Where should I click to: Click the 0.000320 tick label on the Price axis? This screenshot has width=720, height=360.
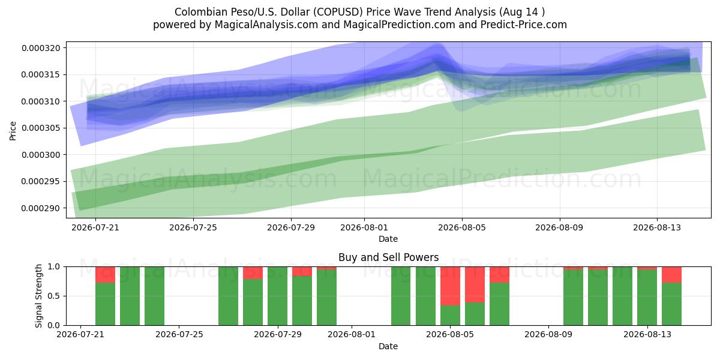coord(41,48)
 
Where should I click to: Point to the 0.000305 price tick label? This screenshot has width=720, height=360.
coord(41,128)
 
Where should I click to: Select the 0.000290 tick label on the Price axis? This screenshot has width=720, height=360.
coord(41,208)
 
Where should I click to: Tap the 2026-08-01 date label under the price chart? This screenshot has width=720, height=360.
coord(364,227)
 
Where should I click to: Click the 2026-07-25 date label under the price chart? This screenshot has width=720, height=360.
coord(193,227)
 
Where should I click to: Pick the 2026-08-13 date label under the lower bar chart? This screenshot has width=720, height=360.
coord(647,335)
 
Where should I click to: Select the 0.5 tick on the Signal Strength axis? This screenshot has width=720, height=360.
coord(53,296)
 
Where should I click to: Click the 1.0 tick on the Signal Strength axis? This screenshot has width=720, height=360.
coord(53,266)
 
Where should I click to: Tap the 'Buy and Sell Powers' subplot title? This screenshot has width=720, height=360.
coord(389,257)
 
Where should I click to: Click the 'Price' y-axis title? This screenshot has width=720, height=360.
coord(13,131)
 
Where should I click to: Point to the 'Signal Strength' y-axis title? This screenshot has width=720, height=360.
coord(38,296)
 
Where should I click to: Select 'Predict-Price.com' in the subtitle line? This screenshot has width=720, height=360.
coord(524,25)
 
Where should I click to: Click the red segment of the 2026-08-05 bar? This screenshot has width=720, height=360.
coord(450,286)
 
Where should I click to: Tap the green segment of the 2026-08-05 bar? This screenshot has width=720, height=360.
coord(450,316)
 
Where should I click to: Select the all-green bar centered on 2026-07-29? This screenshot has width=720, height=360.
coord(277,296)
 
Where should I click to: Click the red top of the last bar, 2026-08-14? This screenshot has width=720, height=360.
coord(671,275)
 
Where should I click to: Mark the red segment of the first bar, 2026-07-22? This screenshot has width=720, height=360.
coord(105,275)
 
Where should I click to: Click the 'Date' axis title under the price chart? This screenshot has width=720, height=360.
coord(388,239)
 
